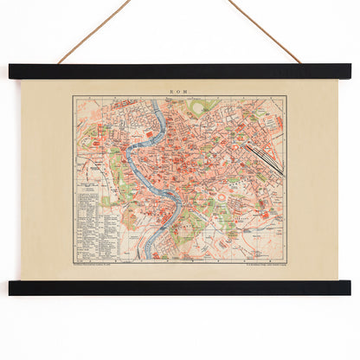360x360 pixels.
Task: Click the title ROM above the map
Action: click(x=179, y=90)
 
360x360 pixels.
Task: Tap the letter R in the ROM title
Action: click(x=174, y=90)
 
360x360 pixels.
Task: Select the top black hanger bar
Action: click(x=179, y=72)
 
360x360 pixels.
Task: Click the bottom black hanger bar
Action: click(x=179, y=287)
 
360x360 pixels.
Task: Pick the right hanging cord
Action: click(x=263, y=31)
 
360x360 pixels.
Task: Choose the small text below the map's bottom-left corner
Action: click(x=100, y=263)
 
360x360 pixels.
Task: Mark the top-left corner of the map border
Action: click(x=74, y=96)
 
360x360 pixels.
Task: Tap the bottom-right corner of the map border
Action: click(x=286, y=260)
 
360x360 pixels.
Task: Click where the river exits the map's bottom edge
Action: click(x=149, y=259)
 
